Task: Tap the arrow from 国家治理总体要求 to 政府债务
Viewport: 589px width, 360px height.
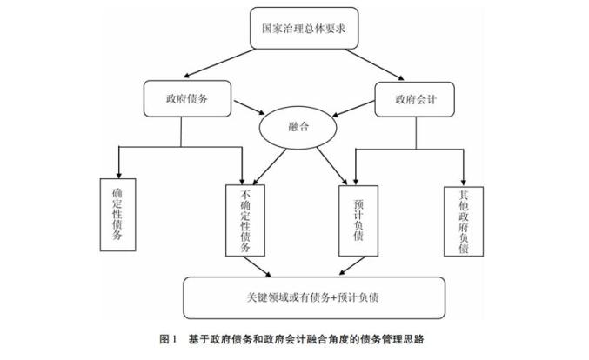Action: [219, 63]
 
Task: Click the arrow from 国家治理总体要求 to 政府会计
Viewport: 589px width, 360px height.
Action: [374, 64]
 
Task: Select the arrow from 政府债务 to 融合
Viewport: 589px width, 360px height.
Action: [250, 107]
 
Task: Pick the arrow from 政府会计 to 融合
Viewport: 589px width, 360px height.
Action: [353, 109]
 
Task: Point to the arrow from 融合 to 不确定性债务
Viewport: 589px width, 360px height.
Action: [270, 167]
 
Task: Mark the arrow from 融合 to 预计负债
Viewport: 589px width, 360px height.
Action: [331, 166]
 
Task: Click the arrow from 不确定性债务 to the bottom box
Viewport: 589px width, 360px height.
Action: [258, 267]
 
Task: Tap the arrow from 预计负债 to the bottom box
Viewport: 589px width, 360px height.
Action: [352, 266]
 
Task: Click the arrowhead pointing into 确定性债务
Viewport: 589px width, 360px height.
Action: [118, 176]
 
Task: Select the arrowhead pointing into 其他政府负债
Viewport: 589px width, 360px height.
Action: [464, 183]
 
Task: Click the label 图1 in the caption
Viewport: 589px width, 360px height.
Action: [168, 339]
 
